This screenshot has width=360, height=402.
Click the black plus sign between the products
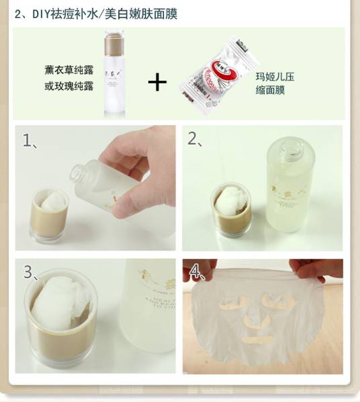pos(157,82)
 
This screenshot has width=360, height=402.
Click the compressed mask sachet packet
pos(216,76)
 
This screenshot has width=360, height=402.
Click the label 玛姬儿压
pos(275,77)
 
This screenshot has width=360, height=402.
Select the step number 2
pos(193,139)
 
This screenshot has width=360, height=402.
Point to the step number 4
pos(195,272)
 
